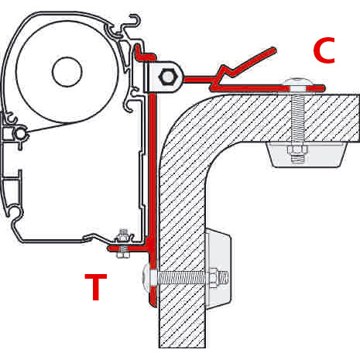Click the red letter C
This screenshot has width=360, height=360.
pos(324,50)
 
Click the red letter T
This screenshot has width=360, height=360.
pos(95,287)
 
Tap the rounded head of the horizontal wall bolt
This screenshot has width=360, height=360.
pos(147,276)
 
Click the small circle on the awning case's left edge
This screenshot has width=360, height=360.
pos(13,133)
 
